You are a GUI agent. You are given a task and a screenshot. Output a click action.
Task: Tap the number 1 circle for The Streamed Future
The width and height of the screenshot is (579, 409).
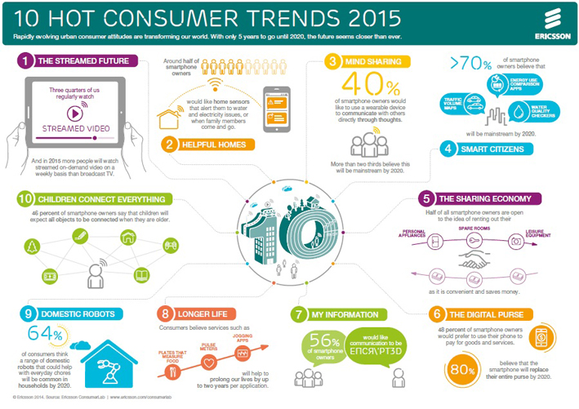point(26,60)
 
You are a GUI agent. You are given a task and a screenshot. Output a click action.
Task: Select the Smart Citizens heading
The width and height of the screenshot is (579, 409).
point(495,149)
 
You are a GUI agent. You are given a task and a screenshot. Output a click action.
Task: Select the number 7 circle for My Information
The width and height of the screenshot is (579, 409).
point(299,313)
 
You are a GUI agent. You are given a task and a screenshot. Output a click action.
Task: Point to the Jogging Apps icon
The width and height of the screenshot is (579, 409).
point(242,352)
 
